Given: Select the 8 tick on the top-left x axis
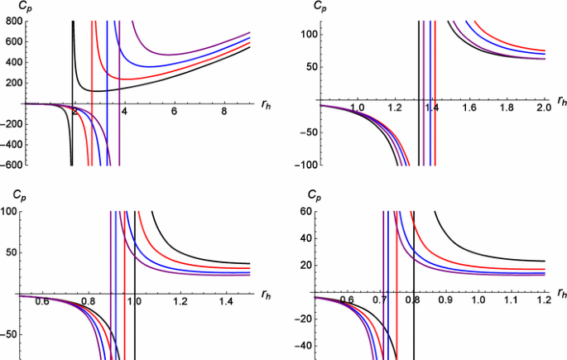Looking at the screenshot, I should point(223,111).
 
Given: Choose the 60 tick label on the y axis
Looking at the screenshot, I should point(304,213).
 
